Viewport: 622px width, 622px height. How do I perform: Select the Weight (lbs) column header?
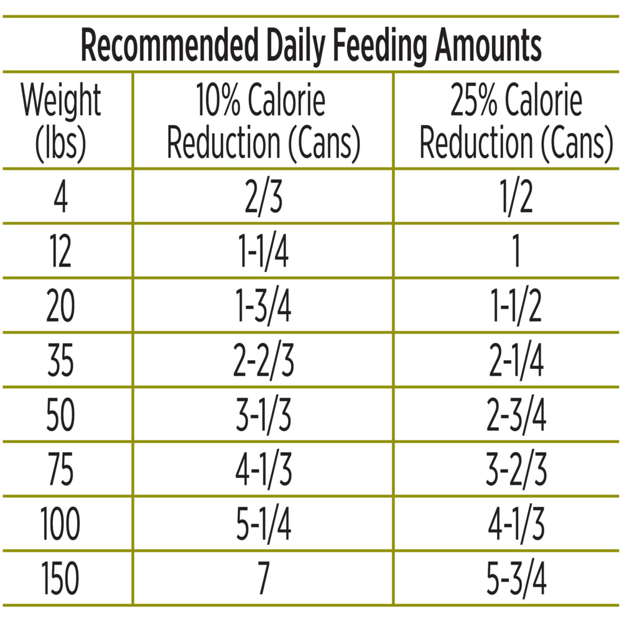tap(61, 121)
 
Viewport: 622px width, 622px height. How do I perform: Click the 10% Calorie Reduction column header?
tap(263, 121)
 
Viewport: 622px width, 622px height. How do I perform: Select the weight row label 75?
tap(61, 470)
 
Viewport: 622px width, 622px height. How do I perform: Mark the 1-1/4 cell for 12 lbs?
tap(263, 251)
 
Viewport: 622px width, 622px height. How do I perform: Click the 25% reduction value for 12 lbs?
tap(516, 251)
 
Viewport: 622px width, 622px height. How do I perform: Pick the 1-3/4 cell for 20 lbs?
tap(263, 306)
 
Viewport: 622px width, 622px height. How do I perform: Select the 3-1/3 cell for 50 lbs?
tap(263, 415)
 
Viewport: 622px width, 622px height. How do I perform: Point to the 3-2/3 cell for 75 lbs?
tap(516, 470)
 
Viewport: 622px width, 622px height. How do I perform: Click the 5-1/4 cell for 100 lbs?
tap(263, 524)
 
